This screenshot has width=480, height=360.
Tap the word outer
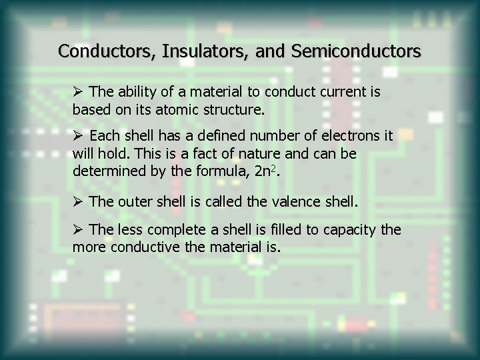[x=133, y=199]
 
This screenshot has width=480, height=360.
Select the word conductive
[x=141, y=246]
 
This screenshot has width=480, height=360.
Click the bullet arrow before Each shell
[x=79, y=137]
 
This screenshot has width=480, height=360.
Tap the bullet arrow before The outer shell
[x=79, y=199]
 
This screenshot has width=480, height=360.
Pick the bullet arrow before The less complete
[x=79, y=230]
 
